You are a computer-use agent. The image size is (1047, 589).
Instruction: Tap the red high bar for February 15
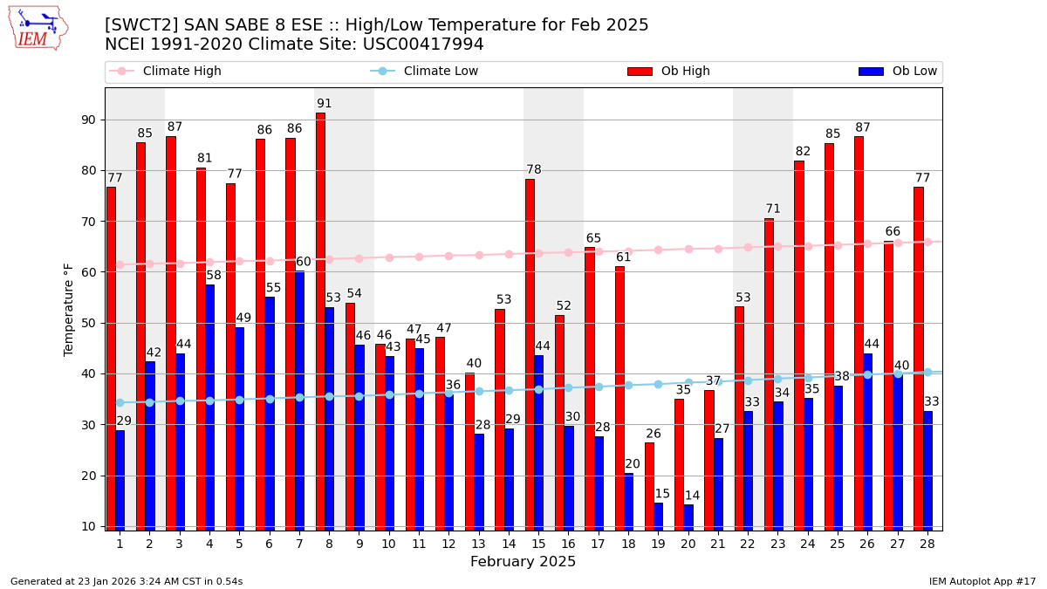(x=530, y=354)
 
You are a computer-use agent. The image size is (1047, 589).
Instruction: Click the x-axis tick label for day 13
(x=478, y=544)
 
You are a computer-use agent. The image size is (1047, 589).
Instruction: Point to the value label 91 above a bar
(x=325, y=104)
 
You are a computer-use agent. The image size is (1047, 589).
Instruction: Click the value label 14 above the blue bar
(x=692, y=496)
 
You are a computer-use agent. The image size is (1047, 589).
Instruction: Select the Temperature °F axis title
(x=69, y=309)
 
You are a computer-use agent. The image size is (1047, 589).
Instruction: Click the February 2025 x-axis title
(x=523, y=562)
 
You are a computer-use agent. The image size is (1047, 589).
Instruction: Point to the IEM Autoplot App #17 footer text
(x=982, y=581)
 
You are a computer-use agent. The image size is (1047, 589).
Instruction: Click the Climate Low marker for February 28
(x=927, y=373)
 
